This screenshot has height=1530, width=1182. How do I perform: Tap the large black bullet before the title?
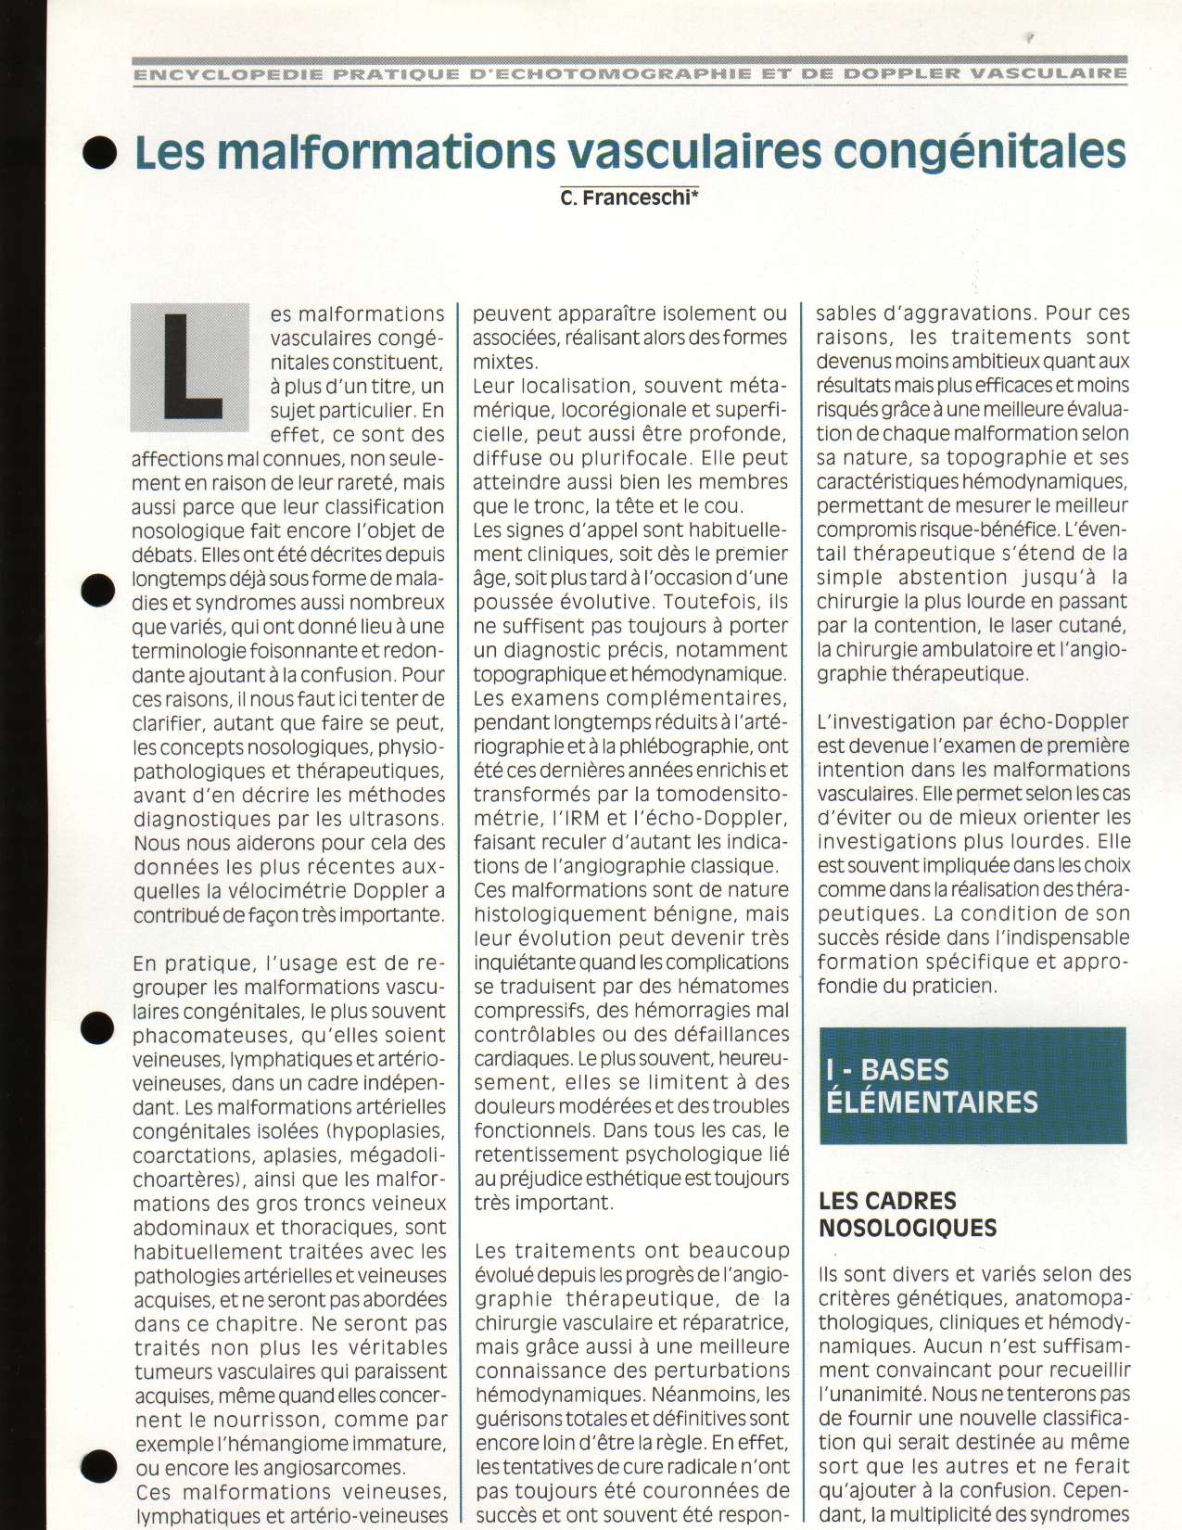pos(100,154)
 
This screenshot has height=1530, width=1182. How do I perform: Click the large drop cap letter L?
pos(191,367)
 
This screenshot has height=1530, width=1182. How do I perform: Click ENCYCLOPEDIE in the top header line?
pos(228,74)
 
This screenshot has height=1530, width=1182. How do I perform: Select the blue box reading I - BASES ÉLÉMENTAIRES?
pos(972,1085)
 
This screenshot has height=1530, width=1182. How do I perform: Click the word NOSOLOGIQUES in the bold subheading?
pos(908,1228)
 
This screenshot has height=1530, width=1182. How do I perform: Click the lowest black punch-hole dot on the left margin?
pos(98,1463)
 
